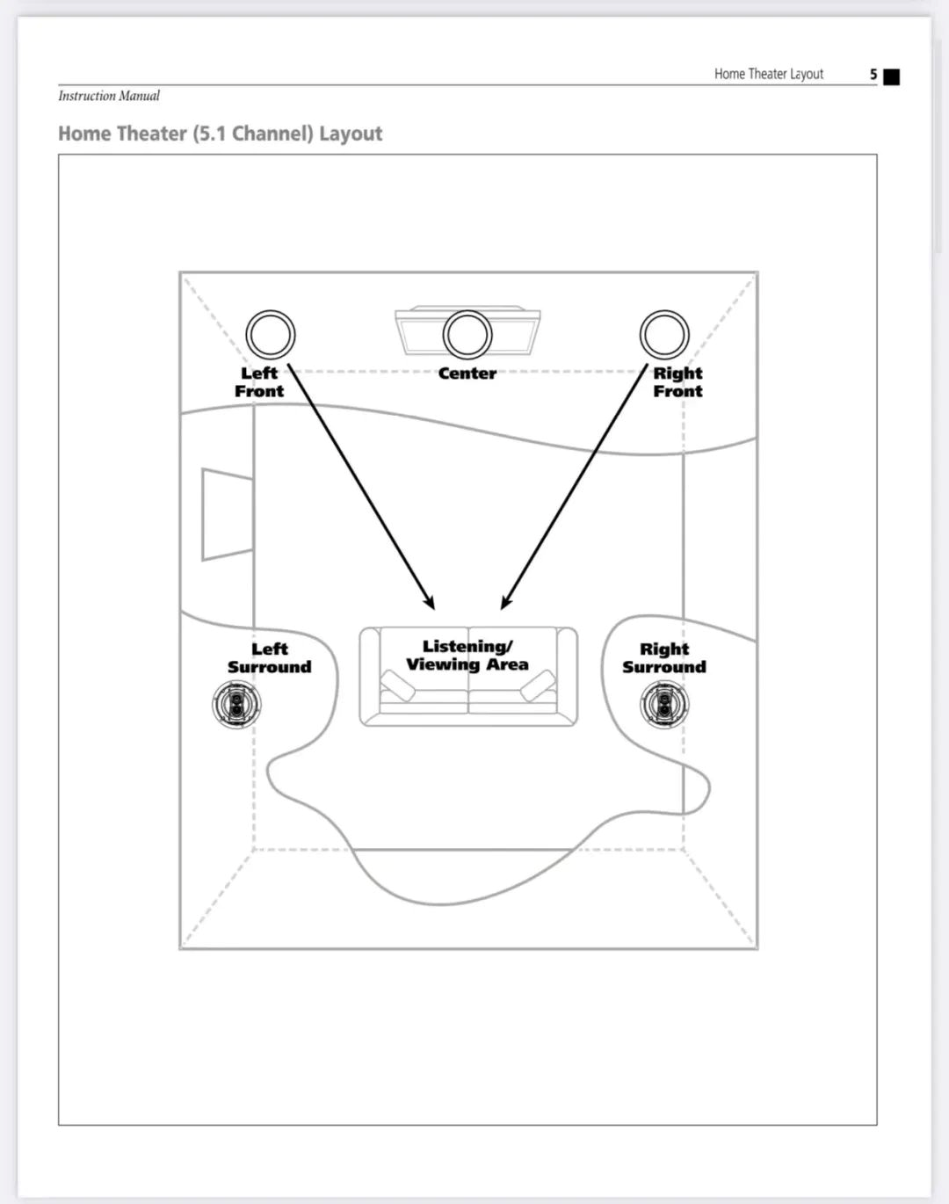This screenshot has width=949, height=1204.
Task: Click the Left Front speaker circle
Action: pyautogui.click(x=270, y=335)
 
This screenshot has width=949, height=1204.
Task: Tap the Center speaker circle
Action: pyautogui.click(x=467, y=335)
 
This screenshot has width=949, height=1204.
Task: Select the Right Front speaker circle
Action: pyautogui.click(x=664, y=335)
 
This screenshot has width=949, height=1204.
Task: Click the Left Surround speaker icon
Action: pyautogui.click(x=236, y=704)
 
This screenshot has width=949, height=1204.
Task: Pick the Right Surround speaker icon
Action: pyautogui.click(x=664, y=704)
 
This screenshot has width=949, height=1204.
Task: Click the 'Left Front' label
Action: pyautogui.click(x=259, y=382)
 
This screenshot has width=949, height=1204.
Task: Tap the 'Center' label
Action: pyautogui.click(x=467, y=374)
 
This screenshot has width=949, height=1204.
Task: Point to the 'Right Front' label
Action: pyautogui.click(x=677, y=382)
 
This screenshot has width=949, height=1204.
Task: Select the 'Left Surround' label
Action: pyautogui.click(x=269, y=658)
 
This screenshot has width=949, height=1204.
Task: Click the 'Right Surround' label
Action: pyautogui.click(x=664, y=658)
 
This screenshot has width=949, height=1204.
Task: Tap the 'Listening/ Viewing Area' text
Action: pyautogui.click(x=467, y=656)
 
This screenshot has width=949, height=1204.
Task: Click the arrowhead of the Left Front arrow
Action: pyautogui.click(x=431, y=604)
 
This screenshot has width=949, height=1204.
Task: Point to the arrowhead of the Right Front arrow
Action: pyautogui.click(x=504, y=604)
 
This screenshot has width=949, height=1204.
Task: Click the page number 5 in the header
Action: pyautogui.click(x=873, y=75)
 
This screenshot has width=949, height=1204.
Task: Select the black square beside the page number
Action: pyautogui.click(x=891, y=76)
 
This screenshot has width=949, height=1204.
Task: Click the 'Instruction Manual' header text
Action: pyautogui.click(x=109, y=96)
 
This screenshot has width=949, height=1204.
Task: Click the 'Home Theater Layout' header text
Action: pyautogui.click(x=768, y=74)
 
